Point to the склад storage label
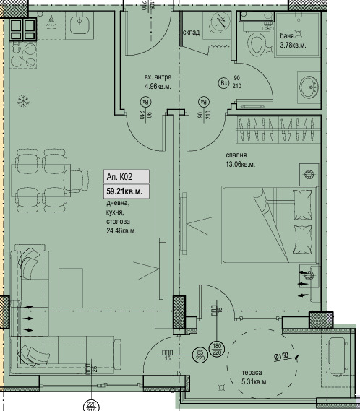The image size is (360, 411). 191,33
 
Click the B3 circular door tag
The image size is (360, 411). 223,83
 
